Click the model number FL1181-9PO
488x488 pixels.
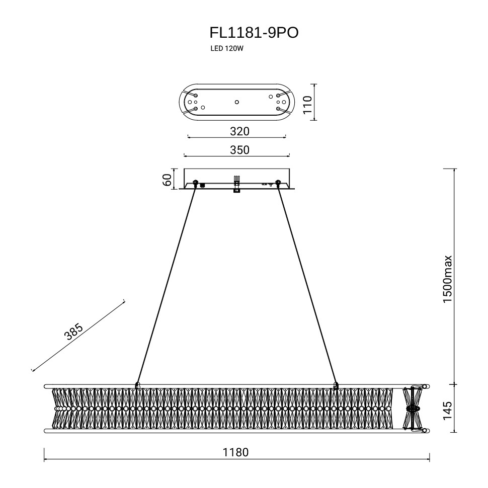pos(254,33)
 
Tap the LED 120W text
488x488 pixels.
pos(226,49)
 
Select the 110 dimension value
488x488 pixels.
pos(308,105)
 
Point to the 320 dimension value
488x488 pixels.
pos(239,131)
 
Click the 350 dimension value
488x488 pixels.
pos(239,149)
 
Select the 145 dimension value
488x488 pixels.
pos(447,411)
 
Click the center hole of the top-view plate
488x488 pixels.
pos(237,102)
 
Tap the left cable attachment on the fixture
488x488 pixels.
pos(137,385)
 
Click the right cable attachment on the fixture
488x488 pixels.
pos(336,385)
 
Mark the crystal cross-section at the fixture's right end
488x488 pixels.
pos(414,409)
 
